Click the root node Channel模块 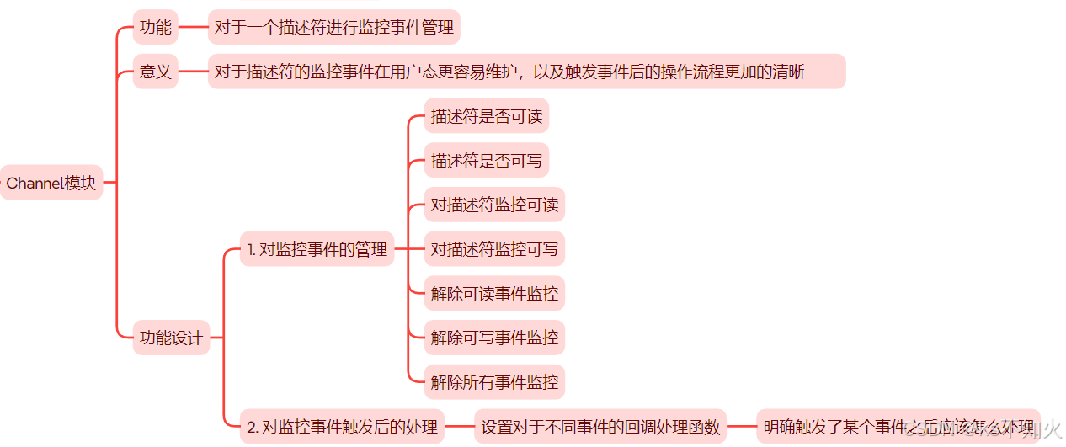pos(51,183)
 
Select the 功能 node pos(156,27)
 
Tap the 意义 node pos(156,72)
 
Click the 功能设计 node pos(171,338)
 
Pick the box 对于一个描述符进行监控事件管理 pos(334,27)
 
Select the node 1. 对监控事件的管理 pos(317,249)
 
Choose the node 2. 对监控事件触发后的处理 pos(342,427)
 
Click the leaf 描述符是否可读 pos(487,116)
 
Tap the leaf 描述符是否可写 pos(487,160)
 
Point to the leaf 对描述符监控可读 pos(494,205)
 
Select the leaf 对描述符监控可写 pos(494,249)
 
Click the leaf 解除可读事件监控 pos(494,294)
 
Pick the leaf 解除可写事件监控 pos(494,338)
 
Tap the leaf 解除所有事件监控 pos(494,382)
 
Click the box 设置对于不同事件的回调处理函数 pos(601,427)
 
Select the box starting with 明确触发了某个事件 pos(898,427)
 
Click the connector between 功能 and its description pos(193,27)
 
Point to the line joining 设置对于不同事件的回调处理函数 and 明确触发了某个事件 pos(742,427)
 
